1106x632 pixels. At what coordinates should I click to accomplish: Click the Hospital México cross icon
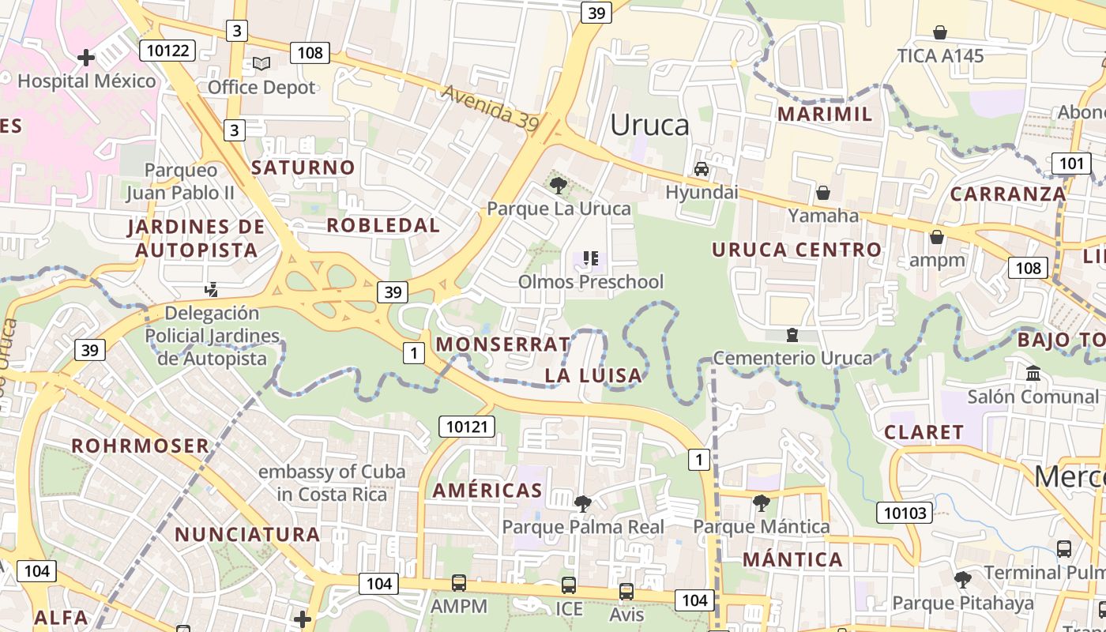tap(86, 58)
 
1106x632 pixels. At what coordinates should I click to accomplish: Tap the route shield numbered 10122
tap(167, 51)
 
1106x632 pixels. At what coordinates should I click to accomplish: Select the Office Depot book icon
tap(261, 63)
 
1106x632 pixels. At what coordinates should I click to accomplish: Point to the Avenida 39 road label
tap(490, 107)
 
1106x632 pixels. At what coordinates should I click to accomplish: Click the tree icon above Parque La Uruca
tap(559, 186)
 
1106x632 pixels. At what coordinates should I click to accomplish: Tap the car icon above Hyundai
tap(701, 169)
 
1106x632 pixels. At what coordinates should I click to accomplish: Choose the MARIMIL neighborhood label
tap(826, 114)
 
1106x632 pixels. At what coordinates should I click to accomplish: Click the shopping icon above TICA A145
tap(940, 32)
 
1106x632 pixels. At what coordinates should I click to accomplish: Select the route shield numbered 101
tap(1071, 164)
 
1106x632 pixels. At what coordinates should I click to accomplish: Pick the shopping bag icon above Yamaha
tap(823, 193)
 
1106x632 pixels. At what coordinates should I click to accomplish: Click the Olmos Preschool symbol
tap(590, 258)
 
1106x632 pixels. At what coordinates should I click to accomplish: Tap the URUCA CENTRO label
tap(796, 250)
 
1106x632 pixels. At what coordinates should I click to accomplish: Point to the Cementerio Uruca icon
tap(792, 335)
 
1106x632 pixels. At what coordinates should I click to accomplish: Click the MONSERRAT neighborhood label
tap(502, 344)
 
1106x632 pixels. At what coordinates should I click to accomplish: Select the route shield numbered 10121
tap(467, 427)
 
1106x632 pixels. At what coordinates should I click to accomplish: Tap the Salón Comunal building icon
tap(1033, 373)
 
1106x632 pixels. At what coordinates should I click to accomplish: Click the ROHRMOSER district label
tap(141, 446)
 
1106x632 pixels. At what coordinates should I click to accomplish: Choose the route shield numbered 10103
tap(905, 513)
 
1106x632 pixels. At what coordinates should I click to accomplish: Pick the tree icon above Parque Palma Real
tap(583, 503)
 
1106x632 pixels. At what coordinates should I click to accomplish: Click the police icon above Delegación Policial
tap(211, 290)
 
